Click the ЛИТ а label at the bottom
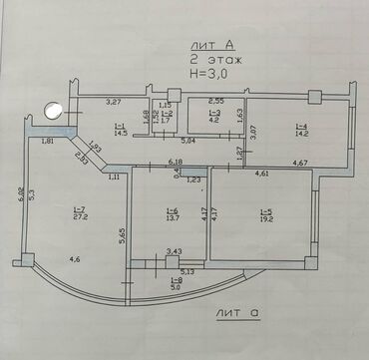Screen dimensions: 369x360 pos(236,313)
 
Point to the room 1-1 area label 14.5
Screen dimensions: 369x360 pos(120,130)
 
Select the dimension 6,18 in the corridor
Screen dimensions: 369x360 pos(176,162)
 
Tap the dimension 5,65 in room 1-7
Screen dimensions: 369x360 pos(120,235)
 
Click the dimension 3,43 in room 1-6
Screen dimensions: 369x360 pos(174,252)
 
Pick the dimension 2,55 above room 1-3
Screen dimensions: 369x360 pos(214,102)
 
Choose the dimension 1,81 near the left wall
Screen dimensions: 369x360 pos(48,142)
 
